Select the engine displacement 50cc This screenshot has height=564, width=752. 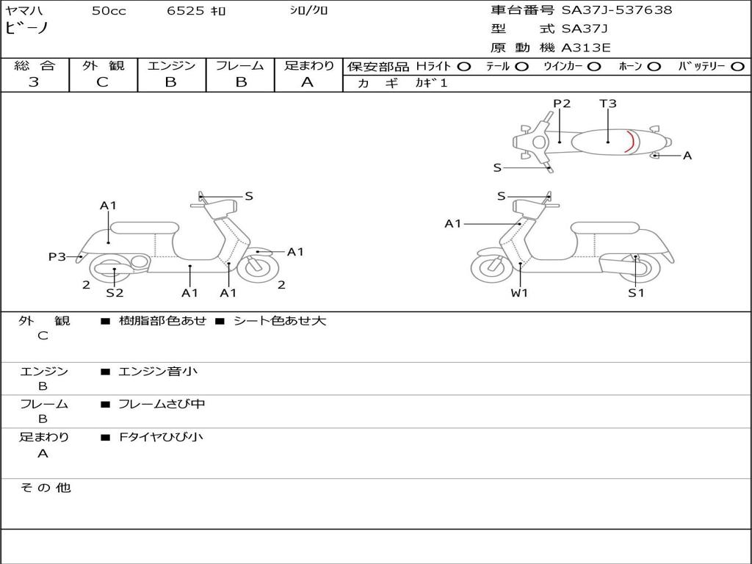coord(109,11)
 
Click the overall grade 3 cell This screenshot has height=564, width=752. coord(34,82)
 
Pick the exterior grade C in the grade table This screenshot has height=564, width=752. coord(103,82)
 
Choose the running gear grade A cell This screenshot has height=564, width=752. coord(308,82)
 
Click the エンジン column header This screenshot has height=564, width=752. coord(171,65)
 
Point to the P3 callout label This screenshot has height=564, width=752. coord(57,256)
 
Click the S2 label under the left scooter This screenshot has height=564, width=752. coord(115,293)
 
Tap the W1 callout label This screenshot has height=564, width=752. coord(520,293)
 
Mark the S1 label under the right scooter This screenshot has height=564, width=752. coord(636,293)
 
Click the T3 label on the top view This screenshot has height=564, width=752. coord(608,104)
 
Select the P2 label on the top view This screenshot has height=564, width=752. coord(562,104)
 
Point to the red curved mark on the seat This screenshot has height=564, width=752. coord(630,140)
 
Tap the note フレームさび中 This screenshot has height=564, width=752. coord(162,404)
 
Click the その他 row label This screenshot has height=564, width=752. coord(45,488)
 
